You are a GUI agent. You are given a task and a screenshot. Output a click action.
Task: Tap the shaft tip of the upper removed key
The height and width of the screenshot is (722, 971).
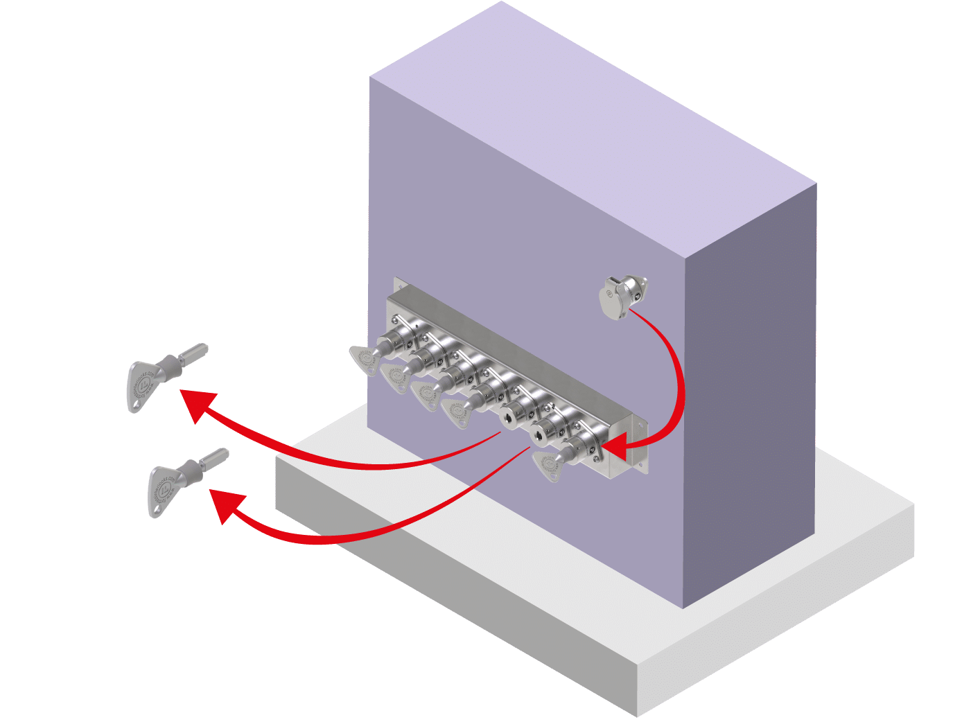point(203,348)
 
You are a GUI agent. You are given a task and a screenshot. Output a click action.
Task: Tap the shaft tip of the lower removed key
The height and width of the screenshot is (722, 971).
point(223,453)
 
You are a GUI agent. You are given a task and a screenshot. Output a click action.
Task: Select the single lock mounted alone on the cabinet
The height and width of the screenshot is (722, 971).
point(623,295)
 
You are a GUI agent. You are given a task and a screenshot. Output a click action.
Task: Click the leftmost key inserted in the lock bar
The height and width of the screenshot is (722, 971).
point(365,358)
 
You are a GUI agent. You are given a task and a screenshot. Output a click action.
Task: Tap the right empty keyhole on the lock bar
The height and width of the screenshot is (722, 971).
point(539,436)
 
